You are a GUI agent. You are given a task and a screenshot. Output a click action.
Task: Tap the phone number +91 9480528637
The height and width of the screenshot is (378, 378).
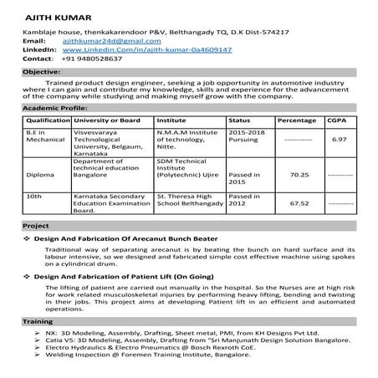[x=94, y=59]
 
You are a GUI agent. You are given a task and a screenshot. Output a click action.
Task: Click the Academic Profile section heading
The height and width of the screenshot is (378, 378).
[x=54, y=109]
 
